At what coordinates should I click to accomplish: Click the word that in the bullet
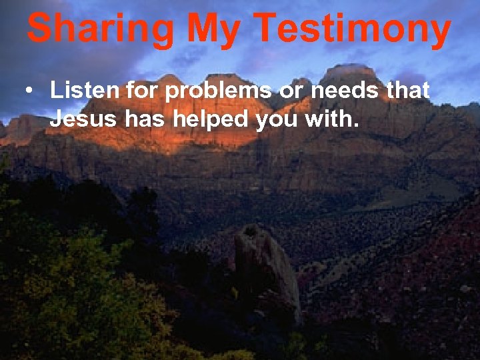click(408, 91)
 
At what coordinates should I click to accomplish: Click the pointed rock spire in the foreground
click(265, 263)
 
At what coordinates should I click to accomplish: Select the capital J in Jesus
click(56, 120)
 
